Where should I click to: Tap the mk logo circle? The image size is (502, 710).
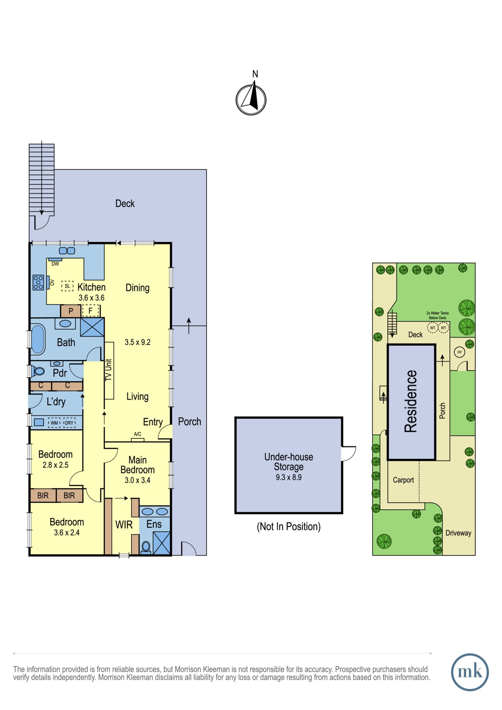[x=470, y=672]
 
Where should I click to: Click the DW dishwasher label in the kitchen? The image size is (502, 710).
[x=55, y=264]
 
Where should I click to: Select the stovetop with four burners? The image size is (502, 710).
[x=38, y=282]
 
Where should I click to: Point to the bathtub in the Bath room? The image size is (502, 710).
[x=38, y=339]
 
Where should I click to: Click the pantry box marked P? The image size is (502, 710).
[x=71, y=311]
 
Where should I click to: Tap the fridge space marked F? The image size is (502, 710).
[x=91, y=311]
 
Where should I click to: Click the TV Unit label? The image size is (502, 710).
[x=109, y=370]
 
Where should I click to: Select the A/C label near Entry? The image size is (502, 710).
[x=138, y=434]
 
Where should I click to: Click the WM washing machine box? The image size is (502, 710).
[x=54, y=422]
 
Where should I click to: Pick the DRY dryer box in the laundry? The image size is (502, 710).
[x=69, y=422]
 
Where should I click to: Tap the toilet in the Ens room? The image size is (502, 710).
[x=146, y=547]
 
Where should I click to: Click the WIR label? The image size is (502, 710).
[x=124, y=524]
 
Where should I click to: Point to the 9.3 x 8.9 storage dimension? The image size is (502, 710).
[x=289, y=477]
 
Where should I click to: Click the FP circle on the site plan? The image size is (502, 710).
[x=460, y=352]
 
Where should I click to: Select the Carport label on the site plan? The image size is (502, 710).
[x=403, y=480]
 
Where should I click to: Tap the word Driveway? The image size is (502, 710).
[x=458, y=533]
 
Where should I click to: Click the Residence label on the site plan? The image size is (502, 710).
[x=411, y=401]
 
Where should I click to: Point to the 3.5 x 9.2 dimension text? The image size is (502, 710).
[x=137, y=342]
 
